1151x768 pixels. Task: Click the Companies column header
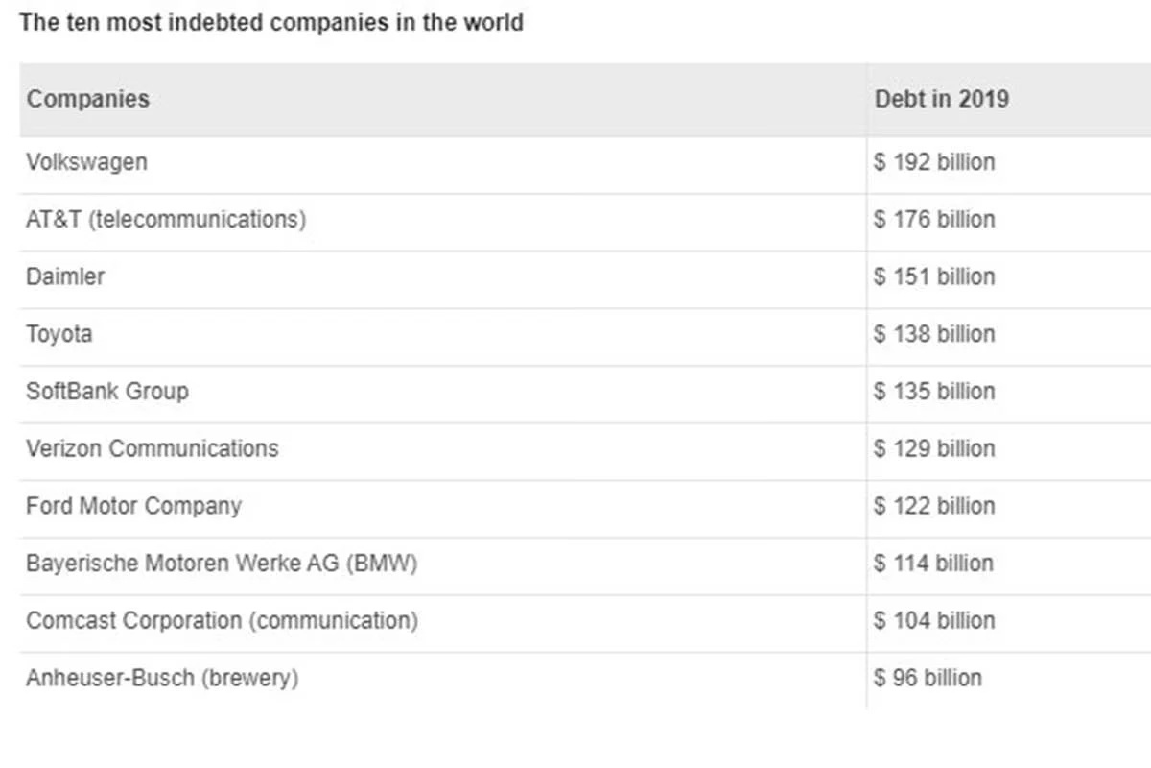(x=88, y=99)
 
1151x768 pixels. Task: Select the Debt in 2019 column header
(x=942, y=99)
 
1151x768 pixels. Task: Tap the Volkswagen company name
(x=87, y=162)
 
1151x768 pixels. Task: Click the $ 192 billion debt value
(x=934, y=162)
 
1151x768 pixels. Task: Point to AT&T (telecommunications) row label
(x=166, y=220)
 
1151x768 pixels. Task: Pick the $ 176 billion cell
(x=934, y=220)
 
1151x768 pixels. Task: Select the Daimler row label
(x=65, y=276)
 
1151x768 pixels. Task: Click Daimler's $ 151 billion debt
(x=934, y=276)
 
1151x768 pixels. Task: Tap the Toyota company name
(x=59, y=334)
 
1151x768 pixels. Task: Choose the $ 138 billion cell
(x=934, y=334)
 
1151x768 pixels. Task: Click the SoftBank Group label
(x=107, y=392)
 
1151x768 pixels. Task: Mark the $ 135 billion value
(x=934, y=392)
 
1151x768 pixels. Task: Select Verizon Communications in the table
(x=153, y=448)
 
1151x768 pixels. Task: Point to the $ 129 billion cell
(x=934, y=448)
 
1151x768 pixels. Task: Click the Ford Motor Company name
(x=133, y=506)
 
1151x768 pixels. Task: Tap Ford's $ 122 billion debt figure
(x=934, y=506)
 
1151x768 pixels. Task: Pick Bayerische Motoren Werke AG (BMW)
(x=222, y=564)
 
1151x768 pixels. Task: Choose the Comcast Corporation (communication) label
(x=222, y=621)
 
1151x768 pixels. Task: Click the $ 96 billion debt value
(x=928, y=678)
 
